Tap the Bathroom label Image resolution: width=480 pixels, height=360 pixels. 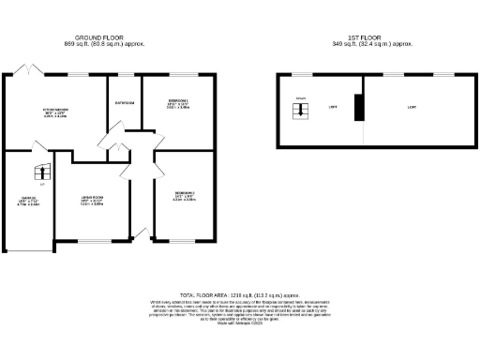124,102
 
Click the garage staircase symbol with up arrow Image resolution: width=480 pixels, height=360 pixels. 40,172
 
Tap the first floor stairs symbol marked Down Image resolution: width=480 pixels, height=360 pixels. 299,110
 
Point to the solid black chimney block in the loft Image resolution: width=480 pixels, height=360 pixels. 357,107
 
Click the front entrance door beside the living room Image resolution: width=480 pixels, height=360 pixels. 141,232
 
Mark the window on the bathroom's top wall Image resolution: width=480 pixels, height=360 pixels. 124,74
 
